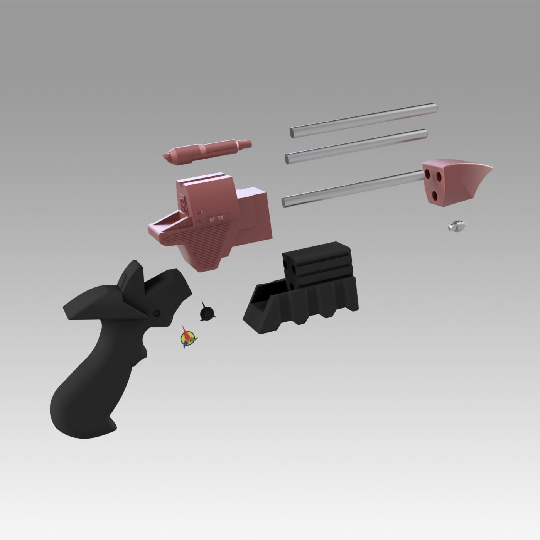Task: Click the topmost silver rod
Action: [363, 120]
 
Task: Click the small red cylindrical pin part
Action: [208, 148]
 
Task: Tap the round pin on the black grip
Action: [157, 313]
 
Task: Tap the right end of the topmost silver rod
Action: [434, 108]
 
